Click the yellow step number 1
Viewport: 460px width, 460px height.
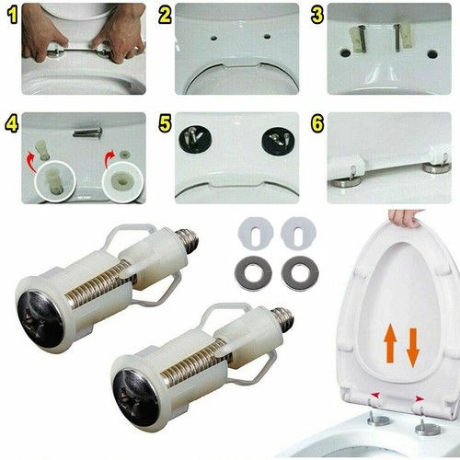(x=11, y=15)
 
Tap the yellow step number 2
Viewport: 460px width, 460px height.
(x=165, y=15)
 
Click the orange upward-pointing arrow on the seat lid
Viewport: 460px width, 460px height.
(x=390, y=345)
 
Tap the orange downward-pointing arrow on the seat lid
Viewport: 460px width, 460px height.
(x=412, y=347)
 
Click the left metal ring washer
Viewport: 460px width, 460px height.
(x=254, y=273)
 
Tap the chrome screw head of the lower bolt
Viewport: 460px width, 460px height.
(x=138, y=397)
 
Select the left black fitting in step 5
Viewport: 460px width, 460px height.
(x=196, y=140)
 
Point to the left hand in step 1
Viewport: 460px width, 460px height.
(x=41, y=32)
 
